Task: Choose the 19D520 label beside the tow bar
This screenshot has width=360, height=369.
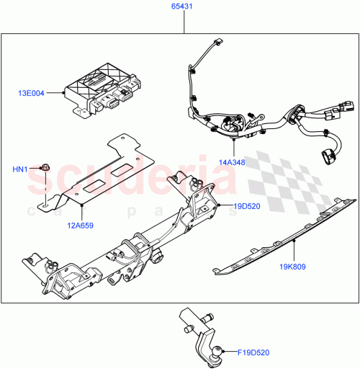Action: tap(245, 205)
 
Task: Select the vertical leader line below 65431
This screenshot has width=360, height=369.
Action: tap(184, 22)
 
